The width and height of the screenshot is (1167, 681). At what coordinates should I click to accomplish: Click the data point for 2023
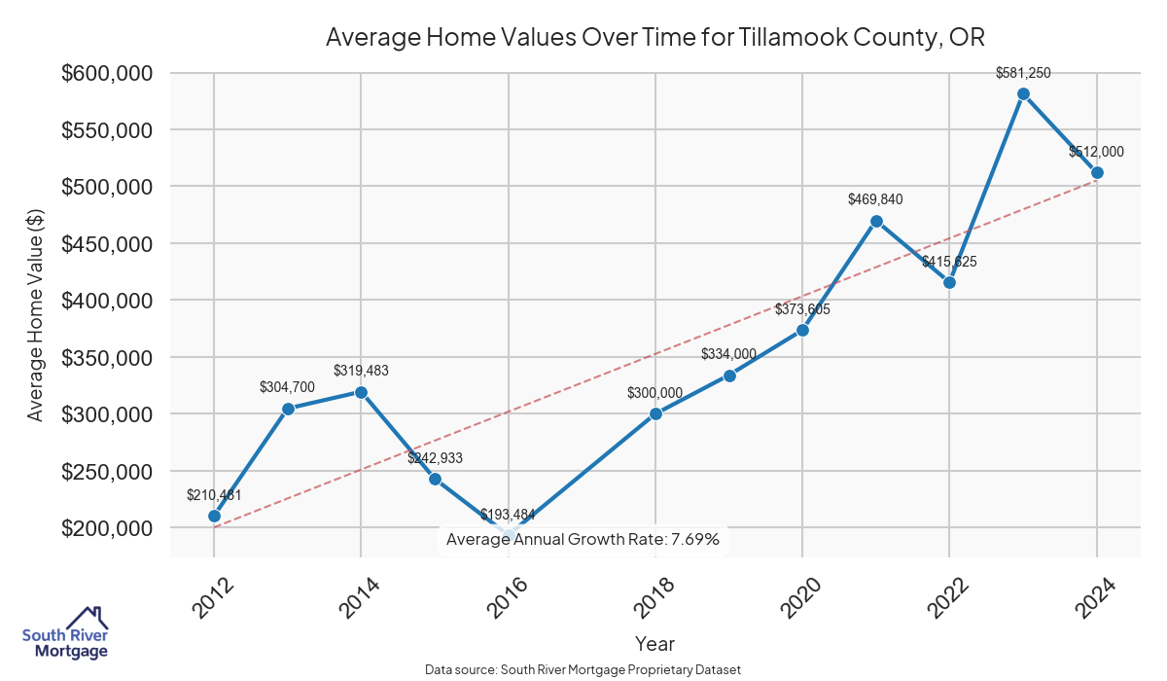coord(1023,93)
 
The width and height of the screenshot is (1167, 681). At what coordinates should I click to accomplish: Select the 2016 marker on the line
coord(508,534)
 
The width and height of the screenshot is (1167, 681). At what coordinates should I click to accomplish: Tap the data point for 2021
coord(876,221)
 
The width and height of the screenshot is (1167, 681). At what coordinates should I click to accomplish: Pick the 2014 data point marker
coord(361,392)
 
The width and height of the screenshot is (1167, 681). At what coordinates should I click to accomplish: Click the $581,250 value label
coord(1023,73)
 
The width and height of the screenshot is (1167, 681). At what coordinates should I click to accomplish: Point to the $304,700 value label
coord(287,387)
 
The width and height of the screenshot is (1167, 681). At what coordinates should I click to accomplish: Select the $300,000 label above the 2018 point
coord(655,393)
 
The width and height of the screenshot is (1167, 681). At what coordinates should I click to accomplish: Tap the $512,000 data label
coord(1096,152)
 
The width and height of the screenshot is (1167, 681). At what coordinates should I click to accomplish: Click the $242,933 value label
coord(435,458)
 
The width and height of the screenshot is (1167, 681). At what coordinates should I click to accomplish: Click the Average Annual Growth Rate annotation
coord(583,540)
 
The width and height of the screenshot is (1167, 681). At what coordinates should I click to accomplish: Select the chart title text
coord(654,38)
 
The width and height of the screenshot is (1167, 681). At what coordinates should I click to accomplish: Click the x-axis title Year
coord(654,644)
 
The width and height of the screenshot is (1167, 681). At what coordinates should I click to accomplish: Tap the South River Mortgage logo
coord(65,634)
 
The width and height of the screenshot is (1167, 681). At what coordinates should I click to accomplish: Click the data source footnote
coord(583,670)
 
